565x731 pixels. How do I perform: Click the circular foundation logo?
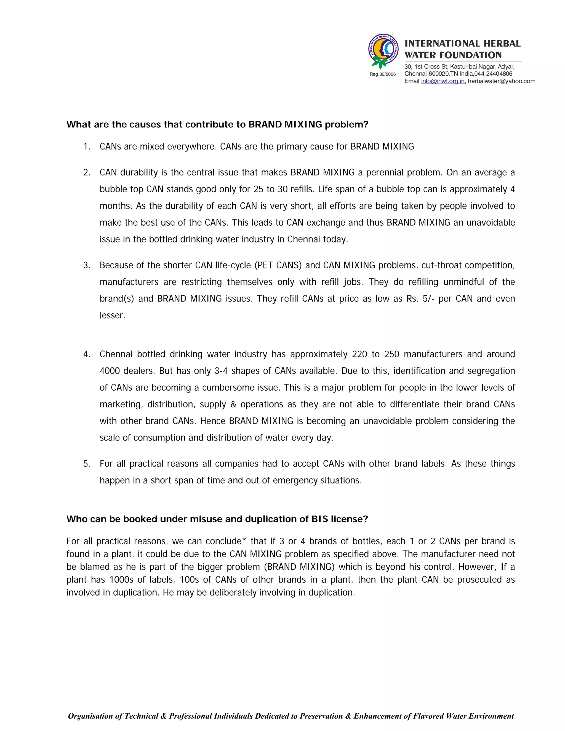pyautogui.click(x=383, y=50)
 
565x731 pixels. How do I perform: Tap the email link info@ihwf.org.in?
pyautogui.click(x=443, y=81)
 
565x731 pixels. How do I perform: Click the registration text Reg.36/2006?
pyautogui.click(x=383, y=74)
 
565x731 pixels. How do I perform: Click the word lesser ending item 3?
pyautogui.click(x=112, y=316)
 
